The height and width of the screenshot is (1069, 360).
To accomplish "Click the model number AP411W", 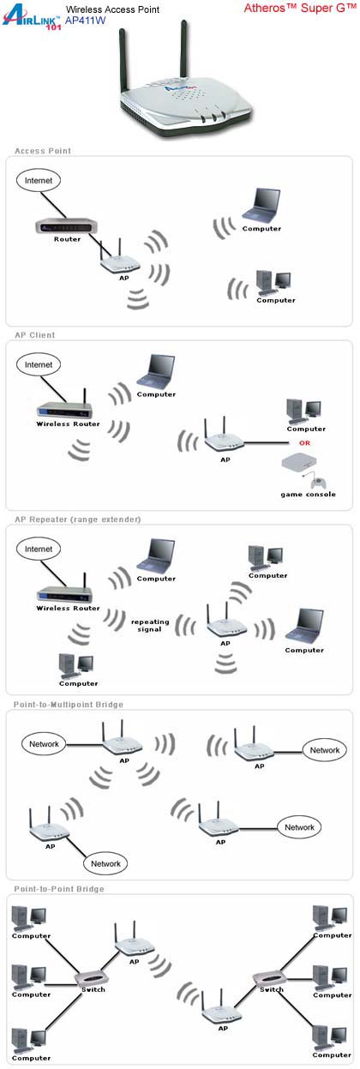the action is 86,21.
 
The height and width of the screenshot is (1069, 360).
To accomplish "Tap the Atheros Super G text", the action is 300,8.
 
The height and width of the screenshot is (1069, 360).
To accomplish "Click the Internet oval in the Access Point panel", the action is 39,180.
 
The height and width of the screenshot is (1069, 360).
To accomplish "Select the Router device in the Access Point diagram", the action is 66,226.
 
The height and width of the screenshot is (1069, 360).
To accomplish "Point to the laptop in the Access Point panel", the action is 261,205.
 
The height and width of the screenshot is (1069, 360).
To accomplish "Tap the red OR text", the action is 304,443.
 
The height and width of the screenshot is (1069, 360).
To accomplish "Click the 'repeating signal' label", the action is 150,626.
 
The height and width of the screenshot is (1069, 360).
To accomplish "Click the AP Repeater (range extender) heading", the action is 77,519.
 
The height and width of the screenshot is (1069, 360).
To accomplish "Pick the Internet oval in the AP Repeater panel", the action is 39,549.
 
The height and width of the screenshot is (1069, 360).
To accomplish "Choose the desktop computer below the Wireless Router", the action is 76,666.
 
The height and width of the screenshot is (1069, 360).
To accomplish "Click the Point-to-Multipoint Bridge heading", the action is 69,705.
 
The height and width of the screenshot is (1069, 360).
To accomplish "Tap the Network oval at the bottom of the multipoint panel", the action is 105,863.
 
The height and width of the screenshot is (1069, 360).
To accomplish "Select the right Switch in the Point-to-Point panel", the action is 267,976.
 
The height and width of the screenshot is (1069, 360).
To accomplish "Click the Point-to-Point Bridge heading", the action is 59,889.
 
